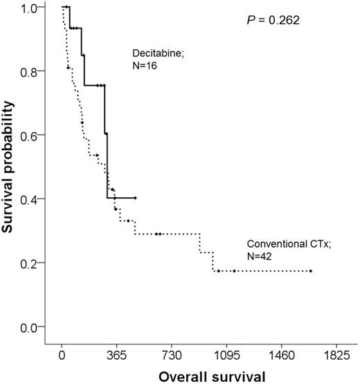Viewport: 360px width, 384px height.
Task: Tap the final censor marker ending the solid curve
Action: click(136, 198)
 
